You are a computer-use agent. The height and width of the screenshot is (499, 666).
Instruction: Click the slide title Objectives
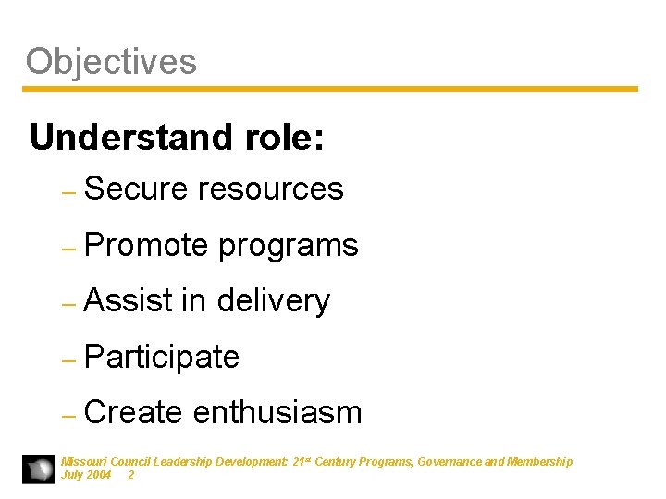[111, 62]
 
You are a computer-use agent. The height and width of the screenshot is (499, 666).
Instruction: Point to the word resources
[271, 189]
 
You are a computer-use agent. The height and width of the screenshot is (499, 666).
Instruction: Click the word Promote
[145, 245]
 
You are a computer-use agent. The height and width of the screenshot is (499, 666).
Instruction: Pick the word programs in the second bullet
[288, 246]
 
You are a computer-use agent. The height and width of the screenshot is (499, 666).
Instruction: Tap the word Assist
[128, 300]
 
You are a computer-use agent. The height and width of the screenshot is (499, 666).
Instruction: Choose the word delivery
[273, 301]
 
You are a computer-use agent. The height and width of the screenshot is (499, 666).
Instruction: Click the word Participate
[161, 357]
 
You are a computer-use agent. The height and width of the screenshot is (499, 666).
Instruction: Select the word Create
[132, 412]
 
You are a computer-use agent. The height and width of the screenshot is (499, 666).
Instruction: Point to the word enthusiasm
[277, 412]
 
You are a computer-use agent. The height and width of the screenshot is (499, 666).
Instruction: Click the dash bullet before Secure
[67, 191]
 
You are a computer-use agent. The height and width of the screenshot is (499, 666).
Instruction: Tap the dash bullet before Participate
[67, 359]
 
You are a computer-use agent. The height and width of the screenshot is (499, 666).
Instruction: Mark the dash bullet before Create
[67, 415]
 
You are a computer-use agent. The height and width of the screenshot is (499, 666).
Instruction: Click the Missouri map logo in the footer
[39, 469]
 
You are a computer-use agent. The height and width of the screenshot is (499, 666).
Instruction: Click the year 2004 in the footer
[98, 474]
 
